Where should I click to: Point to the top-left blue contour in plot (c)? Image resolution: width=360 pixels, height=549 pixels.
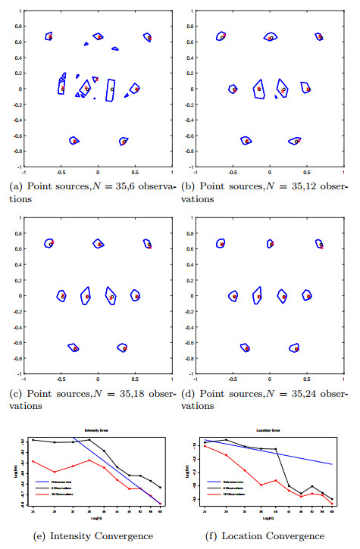[x=50, y=242]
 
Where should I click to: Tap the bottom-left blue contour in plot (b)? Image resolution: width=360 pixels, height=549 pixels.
[x=246, y=141]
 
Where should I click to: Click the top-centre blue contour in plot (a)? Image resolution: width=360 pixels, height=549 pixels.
[x=97, y=36]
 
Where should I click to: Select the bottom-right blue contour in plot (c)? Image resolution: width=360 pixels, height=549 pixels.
[x=122, y=347]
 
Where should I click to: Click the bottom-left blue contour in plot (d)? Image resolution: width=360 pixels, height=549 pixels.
[x=246, y=348]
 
